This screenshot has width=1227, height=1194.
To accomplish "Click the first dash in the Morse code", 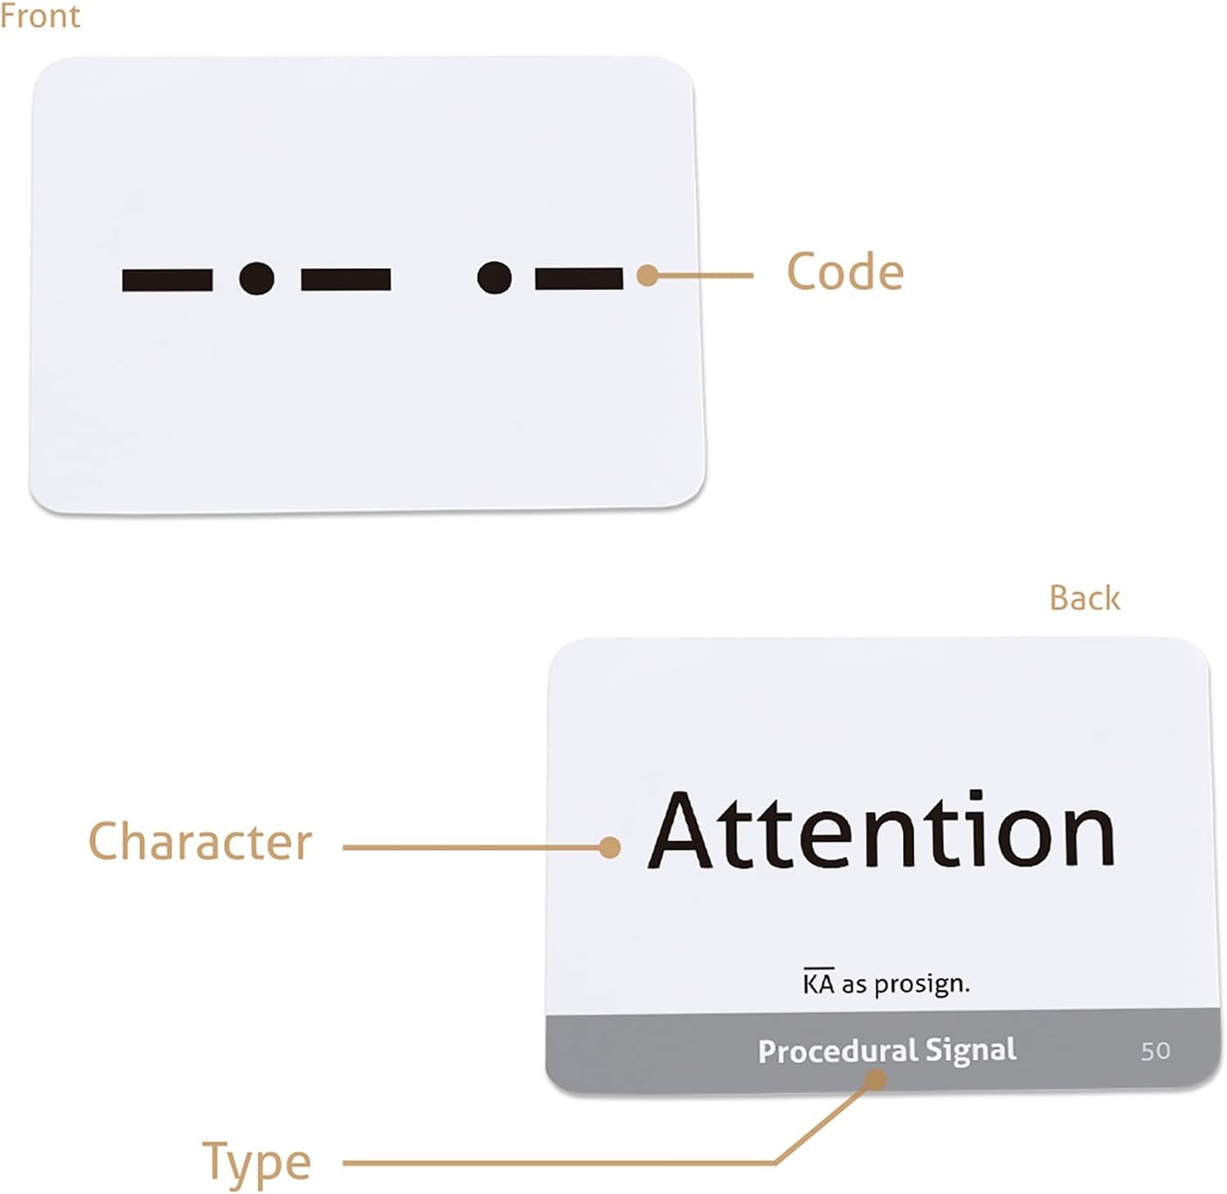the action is (167, 280).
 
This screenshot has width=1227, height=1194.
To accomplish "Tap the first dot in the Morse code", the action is (257, 279).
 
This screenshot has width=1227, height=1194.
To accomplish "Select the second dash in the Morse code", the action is (345, 280).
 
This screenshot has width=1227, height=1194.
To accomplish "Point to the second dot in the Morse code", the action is (494, 278).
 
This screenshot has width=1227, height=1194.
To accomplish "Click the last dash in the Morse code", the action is (579, 279).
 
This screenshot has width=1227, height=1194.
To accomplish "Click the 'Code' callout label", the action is (845, 272).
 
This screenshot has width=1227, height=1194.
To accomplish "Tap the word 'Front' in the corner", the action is (40, 16).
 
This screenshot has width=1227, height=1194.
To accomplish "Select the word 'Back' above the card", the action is (1084, 599).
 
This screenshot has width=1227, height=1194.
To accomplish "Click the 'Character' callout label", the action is (200, 842).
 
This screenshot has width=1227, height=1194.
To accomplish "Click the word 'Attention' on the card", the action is (882, 831).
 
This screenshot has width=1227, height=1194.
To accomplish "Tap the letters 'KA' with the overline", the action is (818, 982).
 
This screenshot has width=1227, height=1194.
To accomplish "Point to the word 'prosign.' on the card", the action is (922, 984).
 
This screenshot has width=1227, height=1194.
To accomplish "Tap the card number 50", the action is (1155, 1051).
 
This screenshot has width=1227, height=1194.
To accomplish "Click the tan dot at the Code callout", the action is (647, 276).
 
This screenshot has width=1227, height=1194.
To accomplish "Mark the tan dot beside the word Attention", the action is (609, 847).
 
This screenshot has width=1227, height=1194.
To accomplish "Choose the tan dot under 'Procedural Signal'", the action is (875, 1080).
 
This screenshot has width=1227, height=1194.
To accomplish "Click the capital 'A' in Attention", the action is (681, 831).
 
